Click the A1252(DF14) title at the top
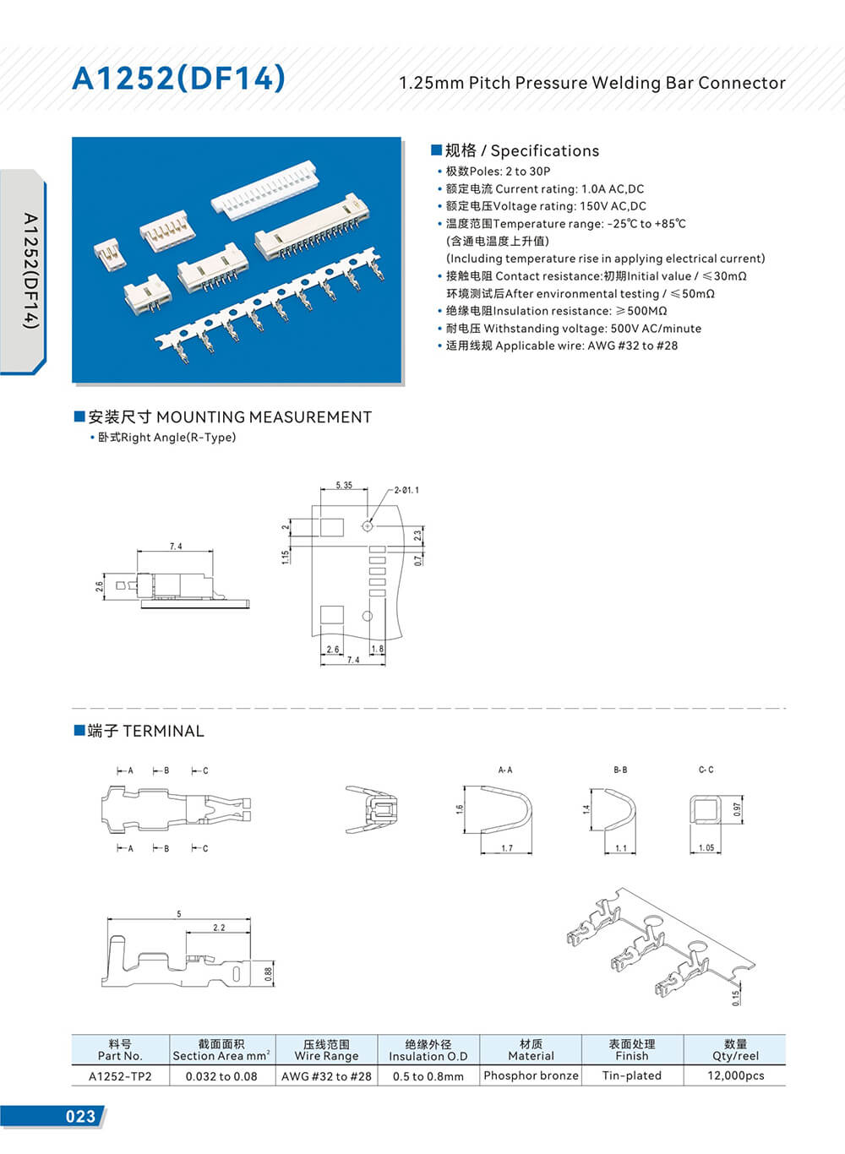[x=178, y=79]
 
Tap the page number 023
[x=80, y=1116]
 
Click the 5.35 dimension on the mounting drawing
[x=344, y=486]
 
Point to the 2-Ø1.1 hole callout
[x=406, y=490]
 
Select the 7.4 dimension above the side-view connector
[x=176, y=547]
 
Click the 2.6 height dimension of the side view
[x=100, y=586]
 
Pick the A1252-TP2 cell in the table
[x=120, y=1076]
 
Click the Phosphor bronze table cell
[x=531, y=1075]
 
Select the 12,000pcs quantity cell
[x=735, y=1075]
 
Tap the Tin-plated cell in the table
[x=631, y=1075]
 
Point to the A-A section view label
[x=505, y=770]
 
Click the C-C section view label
[x=706, y=770]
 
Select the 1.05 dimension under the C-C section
[x=706, y=847]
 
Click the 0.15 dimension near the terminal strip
[x=735, y=998]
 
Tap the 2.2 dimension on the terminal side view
[x=219, y=928]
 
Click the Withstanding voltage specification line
[x=573, y=329]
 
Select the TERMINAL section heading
[x=145, y=731]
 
